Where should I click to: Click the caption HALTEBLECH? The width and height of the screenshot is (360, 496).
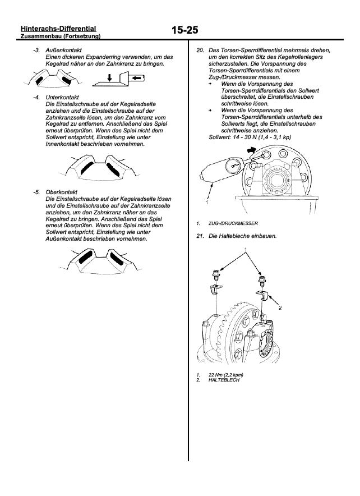224,380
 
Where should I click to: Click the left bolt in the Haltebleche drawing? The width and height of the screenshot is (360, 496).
215,276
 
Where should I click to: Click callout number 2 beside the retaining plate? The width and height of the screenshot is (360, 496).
280,307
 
